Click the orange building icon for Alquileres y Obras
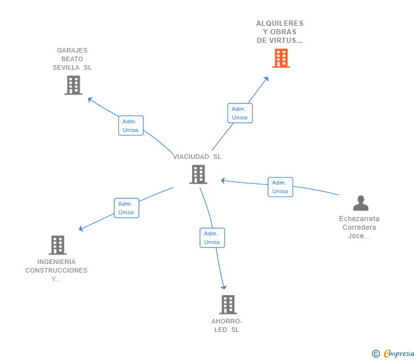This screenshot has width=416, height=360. click(281, 58)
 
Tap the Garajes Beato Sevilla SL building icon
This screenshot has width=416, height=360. click(73, 85)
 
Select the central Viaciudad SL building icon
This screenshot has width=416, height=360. click(198, 174)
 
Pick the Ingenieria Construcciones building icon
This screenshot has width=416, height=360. click(57, 245)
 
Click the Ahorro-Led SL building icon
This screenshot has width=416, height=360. click(227, 305)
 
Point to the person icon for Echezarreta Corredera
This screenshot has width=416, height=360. click(361, 203)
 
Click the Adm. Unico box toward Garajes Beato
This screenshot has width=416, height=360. click(131, 126)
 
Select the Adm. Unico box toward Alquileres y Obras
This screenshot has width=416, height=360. click(239, 113)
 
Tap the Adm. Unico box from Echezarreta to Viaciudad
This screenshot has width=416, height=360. click(280, 187)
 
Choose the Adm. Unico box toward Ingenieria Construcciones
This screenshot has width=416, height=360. click(126, 208)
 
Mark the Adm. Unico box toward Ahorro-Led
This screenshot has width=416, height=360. click(212, 238)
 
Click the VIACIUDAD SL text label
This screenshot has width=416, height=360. click(197, 157)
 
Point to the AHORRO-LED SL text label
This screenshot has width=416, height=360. click(227, 326)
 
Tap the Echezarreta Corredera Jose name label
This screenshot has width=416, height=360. click(359, 227)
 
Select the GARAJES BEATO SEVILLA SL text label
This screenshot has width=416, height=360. click(73, 59)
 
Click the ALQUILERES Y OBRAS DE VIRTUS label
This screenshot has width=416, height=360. click(279, 32)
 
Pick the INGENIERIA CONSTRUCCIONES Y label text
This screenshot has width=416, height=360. click(57, 270)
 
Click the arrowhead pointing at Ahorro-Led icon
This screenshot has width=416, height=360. click(224, 287)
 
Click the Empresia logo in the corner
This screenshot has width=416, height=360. click(393, 354)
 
